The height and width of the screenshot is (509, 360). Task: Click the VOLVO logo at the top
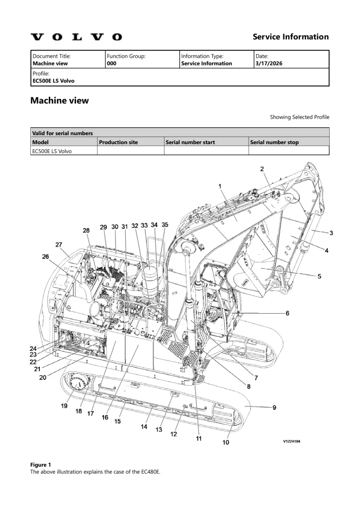pos(76,37)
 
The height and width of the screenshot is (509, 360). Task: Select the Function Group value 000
pos(111,64)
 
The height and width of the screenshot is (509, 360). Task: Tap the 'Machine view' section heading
pos(60,100)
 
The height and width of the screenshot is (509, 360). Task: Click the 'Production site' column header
pos(118,142)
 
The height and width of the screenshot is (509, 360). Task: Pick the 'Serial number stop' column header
pos(274,142)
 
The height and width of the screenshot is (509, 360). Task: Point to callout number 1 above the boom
pos(220,186)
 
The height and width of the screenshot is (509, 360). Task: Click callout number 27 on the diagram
pos(59,245)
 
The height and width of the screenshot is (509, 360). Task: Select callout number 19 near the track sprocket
pos(64,406)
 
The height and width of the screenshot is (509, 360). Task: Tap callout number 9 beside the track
pos(274,408)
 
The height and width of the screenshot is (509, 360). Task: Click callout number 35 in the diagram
pos(165,225)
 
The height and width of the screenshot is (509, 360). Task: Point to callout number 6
pos(287,313)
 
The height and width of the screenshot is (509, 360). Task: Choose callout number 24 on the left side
pos(33,348)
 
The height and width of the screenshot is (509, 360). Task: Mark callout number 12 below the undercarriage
pos(174,434)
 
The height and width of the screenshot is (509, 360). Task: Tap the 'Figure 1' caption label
pos(41,465)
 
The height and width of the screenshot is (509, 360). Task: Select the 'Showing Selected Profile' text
pos(299,117)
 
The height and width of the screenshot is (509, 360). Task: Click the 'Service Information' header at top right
pos(290,37)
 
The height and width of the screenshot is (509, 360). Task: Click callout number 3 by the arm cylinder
pos(331,233)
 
